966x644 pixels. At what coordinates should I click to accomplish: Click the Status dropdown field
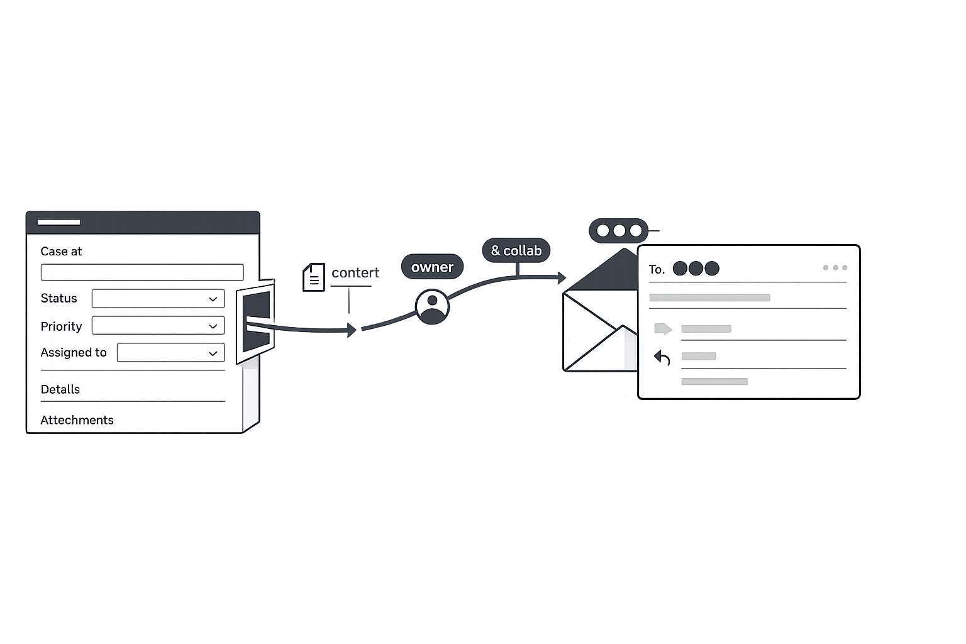point(158,299)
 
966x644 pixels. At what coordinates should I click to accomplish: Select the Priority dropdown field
point(158,326)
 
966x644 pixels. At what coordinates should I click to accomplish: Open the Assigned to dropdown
point(170,353)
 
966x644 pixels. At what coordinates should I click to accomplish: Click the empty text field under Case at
point(142,272)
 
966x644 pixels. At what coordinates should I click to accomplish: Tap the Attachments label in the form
point(77,420)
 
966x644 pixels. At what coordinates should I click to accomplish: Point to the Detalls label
point(60,389)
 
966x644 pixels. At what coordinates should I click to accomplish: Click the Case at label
point(61,252)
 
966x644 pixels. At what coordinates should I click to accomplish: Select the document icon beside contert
point(314,277)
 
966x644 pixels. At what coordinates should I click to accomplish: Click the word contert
point(355,273)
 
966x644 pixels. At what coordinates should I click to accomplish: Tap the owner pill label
point(432,267)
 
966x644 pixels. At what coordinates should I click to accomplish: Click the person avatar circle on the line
point(432,307)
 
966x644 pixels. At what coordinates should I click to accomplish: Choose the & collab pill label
point(516,250)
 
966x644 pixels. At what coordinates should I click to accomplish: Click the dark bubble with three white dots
point(619,231)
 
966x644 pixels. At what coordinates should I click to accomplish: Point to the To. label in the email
point(657,270)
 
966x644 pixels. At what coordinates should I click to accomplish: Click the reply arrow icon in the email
point(662,358)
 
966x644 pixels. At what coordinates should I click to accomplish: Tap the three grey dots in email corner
point(835,268)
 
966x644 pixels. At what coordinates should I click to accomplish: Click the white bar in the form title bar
point(58,222)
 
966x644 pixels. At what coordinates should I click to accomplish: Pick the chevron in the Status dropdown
point(213,299)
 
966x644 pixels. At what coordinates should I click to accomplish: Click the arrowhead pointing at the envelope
point(561,277)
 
